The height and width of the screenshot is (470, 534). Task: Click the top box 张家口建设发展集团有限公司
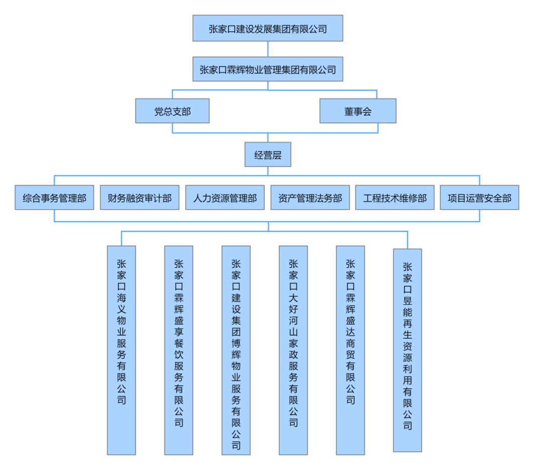pyautogui.click(x=268, y=28)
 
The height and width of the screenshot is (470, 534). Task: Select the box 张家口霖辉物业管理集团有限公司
pyautogui.click(x=268, y=69)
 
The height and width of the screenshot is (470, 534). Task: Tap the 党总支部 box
pyautogui.click(x=172, y=111)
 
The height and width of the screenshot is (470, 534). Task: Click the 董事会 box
pyautogui.click(x=358, y=111)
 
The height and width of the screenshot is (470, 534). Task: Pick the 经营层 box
pyautogui.click(x=268, y=155)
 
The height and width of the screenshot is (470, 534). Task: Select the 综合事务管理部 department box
pyautogui.click(x=54, y=197)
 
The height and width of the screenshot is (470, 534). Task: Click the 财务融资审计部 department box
pyautogui.click(x=139, y=197)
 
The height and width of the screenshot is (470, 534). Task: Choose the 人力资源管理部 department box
pyautogui.click(x=225, y=197)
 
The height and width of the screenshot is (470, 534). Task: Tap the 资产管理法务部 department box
pyautogui.click(x=310, y=197)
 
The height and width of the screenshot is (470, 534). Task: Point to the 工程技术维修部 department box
pyautogui.click(x=395, y=197)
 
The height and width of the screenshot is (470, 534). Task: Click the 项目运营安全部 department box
pyautogui.click(x=480, y=197)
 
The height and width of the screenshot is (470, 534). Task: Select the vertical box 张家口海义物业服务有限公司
pyautogui.click(x=122, y=351)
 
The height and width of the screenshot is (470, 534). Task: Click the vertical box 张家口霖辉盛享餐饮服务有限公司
pyautogui.click(x=179, y=351)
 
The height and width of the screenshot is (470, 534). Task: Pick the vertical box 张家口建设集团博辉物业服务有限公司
pyautogui.click(x=236, y=351)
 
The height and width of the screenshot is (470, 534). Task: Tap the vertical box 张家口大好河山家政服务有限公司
pyautogui.click(x=293, y=351)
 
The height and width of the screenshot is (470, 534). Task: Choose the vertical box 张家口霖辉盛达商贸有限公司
pyautogui.click(x=350, y=351)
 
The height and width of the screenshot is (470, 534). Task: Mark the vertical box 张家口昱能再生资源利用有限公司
pyautogui.click(x=407, y=351)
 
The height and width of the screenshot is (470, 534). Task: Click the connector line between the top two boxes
pyautogui.click(x=268, y=49)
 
